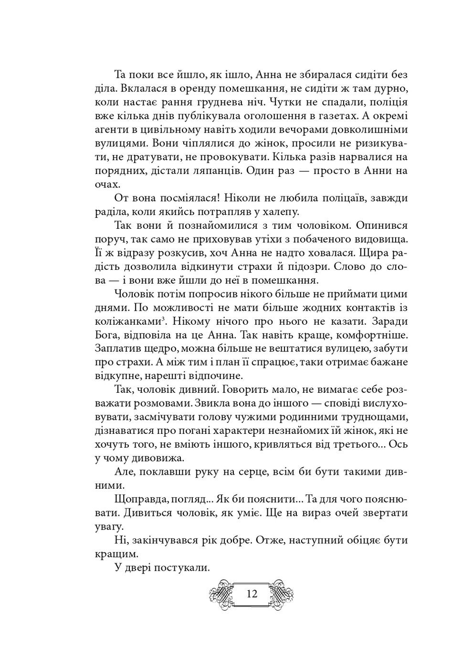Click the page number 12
[x=252, y=594]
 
